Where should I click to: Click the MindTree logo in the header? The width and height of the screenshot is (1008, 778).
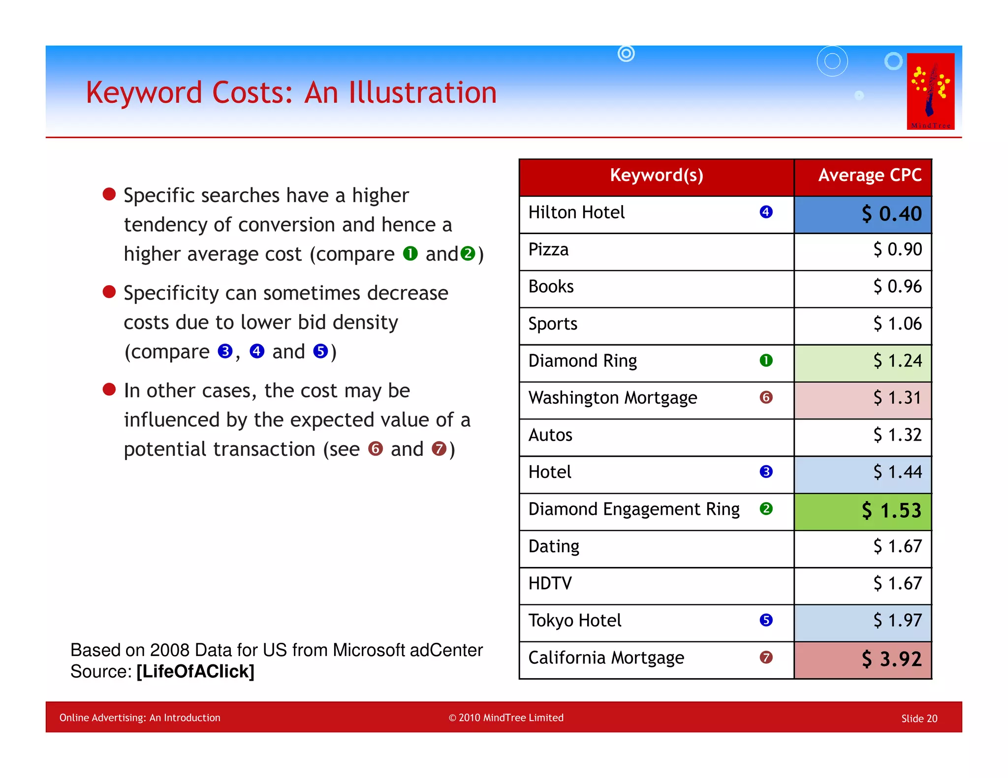point(930,91)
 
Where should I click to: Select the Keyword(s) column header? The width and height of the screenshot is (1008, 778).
point(656,176)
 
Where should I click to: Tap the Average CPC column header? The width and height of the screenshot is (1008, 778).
point(869,176)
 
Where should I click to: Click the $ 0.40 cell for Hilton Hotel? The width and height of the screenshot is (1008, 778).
point(891,214)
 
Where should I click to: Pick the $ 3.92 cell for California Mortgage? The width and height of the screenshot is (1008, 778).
point(891,659)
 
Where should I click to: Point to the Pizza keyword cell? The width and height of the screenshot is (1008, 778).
point(548,250)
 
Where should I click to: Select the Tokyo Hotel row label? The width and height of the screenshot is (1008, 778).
point(574,621)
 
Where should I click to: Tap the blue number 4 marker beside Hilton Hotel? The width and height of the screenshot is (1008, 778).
point(766,212)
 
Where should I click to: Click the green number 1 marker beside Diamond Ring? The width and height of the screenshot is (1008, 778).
point(766,360)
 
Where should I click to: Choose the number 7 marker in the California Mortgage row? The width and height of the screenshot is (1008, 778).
point(766,658)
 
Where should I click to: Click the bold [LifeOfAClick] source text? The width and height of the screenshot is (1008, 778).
point(195,671)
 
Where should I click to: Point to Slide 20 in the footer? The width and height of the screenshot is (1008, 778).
point(919,718)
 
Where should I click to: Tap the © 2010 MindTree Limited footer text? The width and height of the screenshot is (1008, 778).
point(506,718)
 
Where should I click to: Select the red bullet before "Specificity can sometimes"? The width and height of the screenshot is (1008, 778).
point(109,292)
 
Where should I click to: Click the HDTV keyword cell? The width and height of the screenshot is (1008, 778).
point(550,584)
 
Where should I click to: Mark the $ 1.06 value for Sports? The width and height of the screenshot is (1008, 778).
point(897,324)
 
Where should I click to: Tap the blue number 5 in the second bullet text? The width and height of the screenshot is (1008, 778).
point(320,351)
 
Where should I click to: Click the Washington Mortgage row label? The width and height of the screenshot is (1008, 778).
point(612,398)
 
